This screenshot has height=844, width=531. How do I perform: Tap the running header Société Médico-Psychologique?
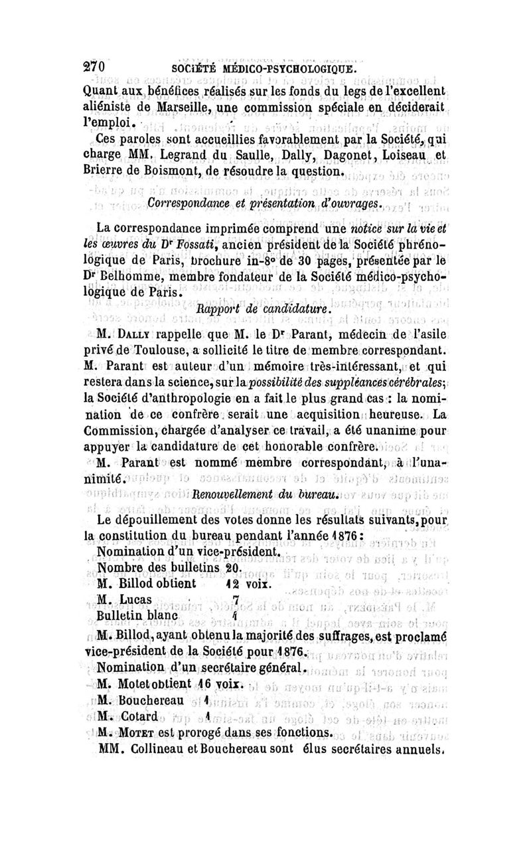(x=264, y=70)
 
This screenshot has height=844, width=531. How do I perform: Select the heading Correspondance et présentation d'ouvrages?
(x=264, y=202)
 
